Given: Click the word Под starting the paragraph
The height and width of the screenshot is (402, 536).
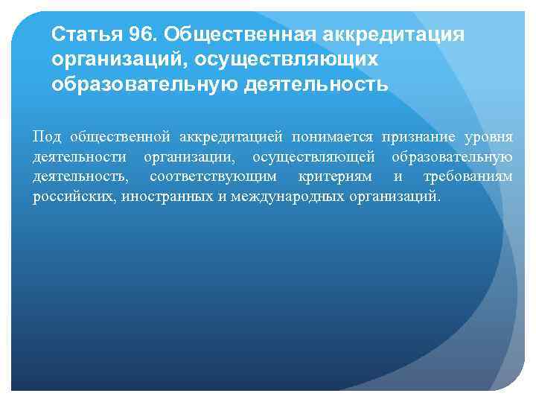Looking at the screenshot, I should [48, 138].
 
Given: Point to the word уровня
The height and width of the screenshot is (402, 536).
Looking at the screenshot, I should [488, 138].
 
